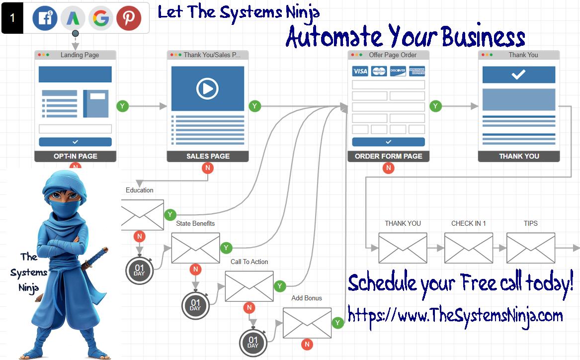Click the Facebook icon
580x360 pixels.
(45, 18)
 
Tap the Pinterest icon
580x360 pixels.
(129, 18)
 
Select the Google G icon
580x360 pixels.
(101, 18)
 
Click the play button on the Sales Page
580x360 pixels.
(208, 89)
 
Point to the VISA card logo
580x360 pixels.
(360, 71)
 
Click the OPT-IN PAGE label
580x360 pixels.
(75, 156)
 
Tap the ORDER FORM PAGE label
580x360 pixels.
(389, 156)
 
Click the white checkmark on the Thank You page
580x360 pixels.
(518, 75)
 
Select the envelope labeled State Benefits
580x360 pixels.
(195, 248)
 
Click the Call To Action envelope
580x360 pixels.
(249, 286)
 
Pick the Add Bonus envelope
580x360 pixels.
(307, 323)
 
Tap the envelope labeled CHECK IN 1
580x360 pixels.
(468, 248)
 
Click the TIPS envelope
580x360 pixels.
(530, 248)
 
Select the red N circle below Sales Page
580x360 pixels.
(208, 168)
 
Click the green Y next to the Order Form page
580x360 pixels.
(435, 106)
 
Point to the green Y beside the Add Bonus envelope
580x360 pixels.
(338, 323)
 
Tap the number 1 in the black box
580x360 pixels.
(12, 18)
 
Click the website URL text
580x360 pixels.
(455, 315)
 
